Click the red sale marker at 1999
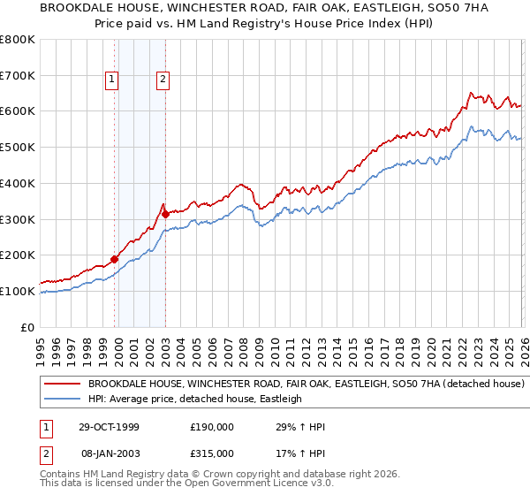pos(114,259)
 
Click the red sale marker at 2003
pos(165,214)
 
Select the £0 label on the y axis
pos(28,327)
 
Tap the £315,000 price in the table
pos(212,453)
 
